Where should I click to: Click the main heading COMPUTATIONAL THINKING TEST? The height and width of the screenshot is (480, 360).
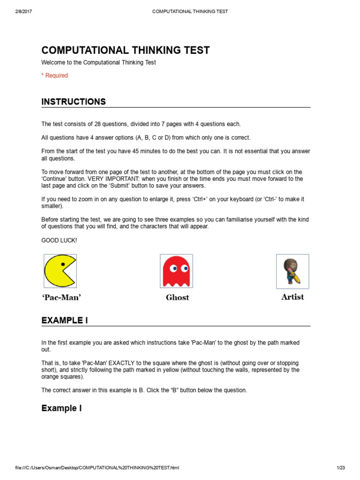click(126, 51)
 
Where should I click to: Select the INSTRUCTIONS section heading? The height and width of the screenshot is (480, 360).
click(74, 102)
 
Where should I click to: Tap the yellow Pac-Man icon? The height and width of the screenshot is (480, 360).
click(60, 271)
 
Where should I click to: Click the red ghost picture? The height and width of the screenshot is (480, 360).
click(176, 271)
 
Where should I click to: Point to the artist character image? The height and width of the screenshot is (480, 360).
click(292, 271)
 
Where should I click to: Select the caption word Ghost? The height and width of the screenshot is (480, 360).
click(177, 297)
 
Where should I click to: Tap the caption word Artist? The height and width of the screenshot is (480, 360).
click(292, 297)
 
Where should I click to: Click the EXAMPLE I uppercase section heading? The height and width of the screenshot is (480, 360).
click(65, 321)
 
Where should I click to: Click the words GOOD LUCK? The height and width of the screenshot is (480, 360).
click(59, 240)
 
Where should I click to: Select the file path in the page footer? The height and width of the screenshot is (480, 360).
click(97, 468)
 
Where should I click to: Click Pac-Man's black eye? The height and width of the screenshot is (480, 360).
click(63, 265)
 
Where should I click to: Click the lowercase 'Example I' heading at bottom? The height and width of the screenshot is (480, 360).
click(61, 408)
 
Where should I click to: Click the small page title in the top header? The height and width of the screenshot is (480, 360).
click(190, 11)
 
